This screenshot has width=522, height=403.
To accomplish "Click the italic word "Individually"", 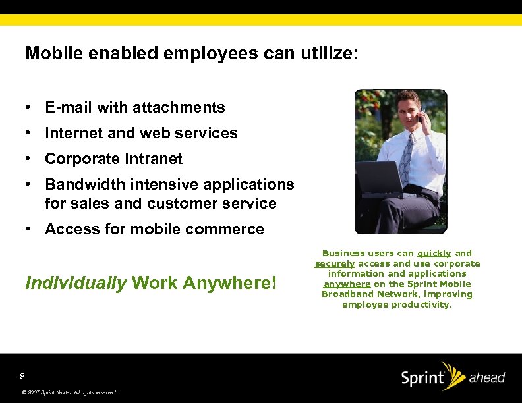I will pos(76,284).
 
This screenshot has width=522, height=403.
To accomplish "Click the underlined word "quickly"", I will pos(434,253).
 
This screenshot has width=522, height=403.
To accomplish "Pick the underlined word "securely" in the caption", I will pos(335,263).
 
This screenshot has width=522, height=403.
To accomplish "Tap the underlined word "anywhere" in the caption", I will pos(347,284).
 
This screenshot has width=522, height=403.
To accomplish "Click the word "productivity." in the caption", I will pos(422,304).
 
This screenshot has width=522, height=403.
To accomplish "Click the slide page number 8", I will pos(22,377).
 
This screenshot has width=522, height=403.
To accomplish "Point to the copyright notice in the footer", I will pos(69,392).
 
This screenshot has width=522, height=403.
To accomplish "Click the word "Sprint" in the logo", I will pos(422,379).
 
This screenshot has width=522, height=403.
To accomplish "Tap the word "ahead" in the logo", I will pos(486,378).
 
